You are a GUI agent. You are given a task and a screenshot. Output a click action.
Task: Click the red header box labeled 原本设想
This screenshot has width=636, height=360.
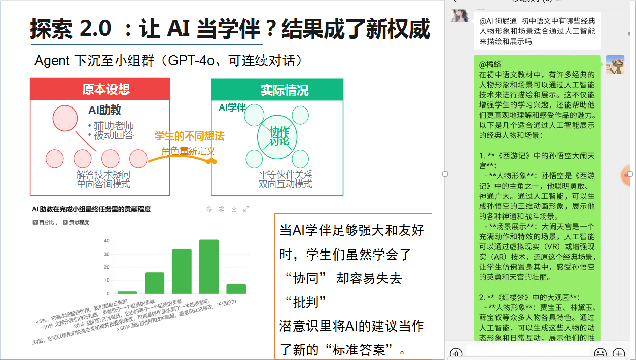(x=100, y=89)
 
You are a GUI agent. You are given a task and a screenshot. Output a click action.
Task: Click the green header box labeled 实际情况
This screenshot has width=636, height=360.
(x=277, y=90)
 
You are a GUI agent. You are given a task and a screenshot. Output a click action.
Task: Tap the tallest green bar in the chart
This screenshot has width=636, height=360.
(x=208, y=266)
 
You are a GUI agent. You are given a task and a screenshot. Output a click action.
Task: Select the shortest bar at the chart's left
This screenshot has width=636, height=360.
(x=127, y=292)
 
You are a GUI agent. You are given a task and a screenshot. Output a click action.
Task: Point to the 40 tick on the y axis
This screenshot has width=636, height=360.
(x=106, y=240)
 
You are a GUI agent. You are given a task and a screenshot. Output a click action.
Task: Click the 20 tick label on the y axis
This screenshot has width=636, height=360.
(x=106, y=267)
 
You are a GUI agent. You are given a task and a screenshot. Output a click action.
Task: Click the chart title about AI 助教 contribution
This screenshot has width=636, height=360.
(x=91, y=209)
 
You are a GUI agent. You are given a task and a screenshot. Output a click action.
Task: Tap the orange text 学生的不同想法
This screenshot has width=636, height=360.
(x=189, y=136)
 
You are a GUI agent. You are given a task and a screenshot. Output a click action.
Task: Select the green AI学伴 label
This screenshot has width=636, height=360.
(x=232, y=107)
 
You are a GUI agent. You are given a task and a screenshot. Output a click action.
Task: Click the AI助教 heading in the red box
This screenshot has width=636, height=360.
(x=104, y=110)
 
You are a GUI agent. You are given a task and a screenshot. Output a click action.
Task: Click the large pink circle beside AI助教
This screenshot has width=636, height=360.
(x=65, y=118)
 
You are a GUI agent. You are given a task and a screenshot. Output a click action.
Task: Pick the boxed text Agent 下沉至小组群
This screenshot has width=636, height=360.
(x=172, y=61)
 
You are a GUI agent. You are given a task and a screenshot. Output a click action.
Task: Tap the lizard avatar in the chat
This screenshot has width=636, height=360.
(x=615, y=64)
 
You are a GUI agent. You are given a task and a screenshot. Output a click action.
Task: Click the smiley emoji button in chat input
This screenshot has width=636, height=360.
(x=600, y=353)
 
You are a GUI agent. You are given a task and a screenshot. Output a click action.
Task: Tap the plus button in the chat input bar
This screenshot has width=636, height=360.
(x=619, y=353)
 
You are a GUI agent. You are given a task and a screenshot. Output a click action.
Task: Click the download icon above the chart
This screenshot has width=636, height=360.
(x=234, y=209)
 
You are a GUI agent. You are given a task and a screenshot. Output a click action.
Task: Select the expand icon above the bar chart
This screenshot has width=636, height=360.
(x=246, y=209)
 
